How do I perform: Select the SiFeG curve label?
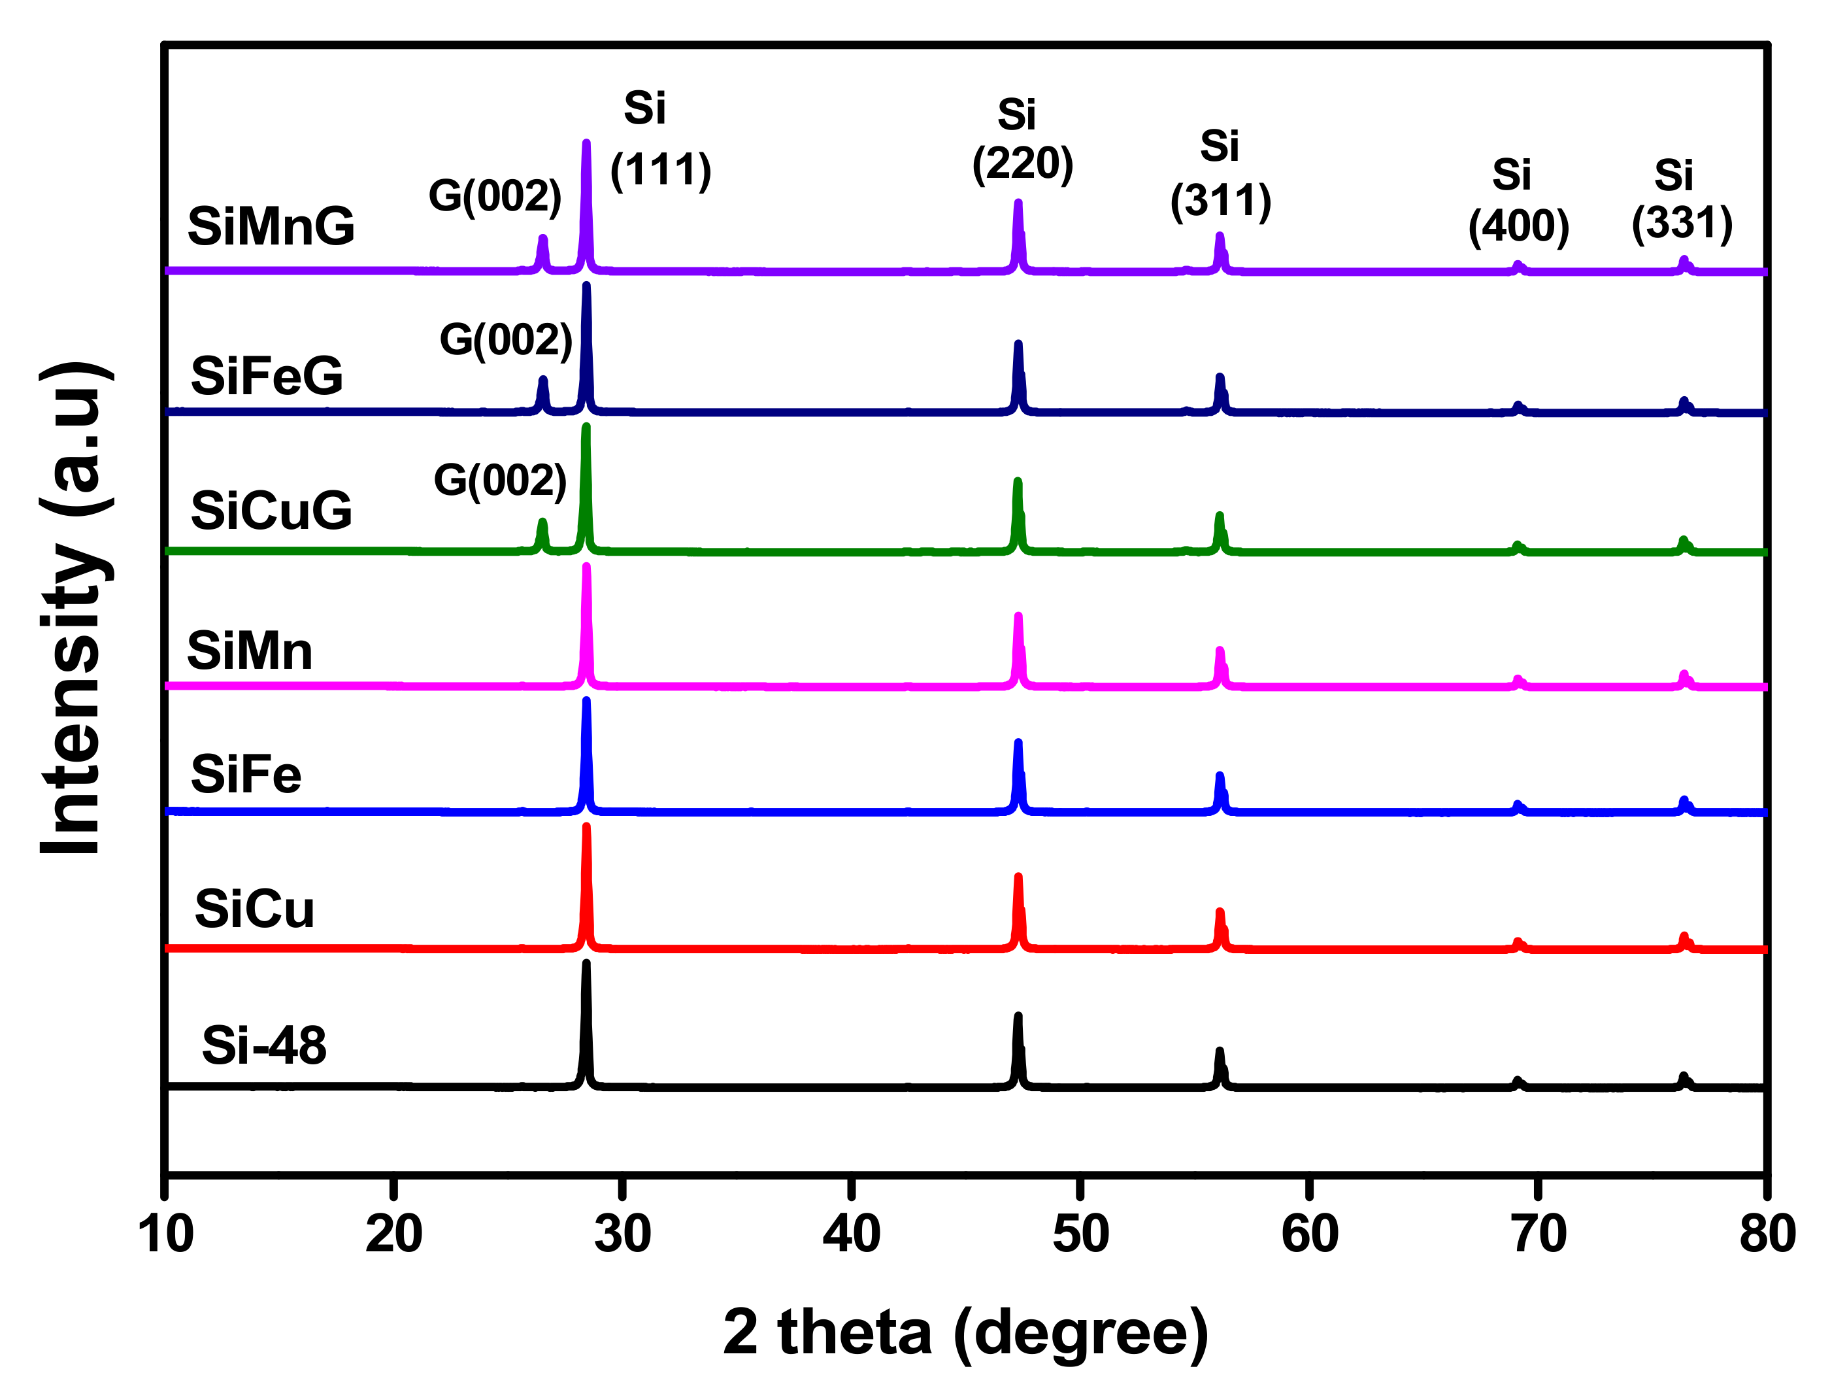tap(267, 376)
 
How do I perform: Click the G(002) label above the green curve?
tap(500, 480)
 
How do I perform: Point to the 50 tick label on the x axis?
tap(1080, 1234)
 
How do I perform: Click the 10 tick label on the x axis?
tap(165, 1234)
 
